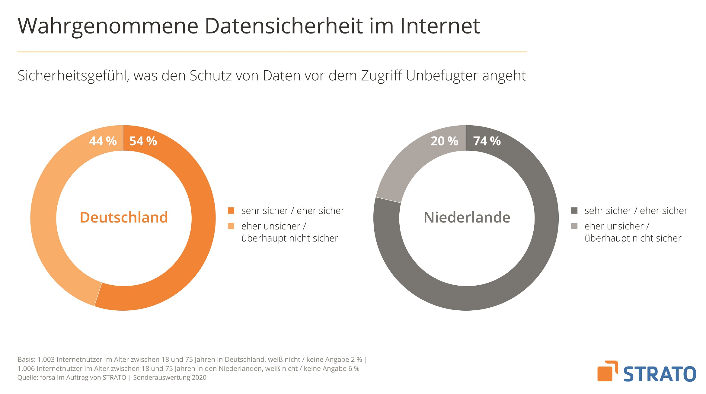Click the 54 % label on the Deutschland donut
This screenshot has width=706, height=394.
tap(143, 141)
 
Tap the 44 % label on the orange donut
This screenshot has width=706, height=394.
tap(103, 141)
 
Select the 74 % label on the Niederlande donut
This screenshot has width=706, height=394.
tap(487, 141)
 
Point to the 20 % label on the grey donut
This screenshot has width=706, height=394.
tap(444, 141)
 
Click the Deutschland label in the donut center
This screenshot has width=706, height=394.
tap(124, 217)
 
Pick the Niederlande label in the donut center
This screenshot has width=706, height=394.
tap(467, 217)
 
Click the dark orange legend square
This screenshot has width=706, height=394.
tap(231, 210)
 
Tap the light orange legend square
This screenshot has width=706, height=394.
tap(231, 226)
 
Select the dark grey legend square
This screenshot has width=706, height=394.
tap(574, 210)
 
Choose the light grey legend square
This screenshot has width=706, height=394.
tap(574, 226)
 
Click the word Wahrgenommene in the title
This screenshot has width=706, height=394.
tap(108, 26)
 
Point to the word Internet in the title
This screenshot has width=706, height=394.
tap(440, 26)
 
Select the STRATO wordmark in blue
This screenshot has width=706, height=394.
tap(660, 374)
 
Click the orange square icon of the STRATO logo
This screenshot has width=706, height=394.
tap(605, 373)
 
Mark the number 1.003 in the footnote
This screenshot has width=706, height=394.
tap(46, 360)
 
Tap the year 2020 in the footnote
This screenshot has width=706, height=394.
tap(199, 378)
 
